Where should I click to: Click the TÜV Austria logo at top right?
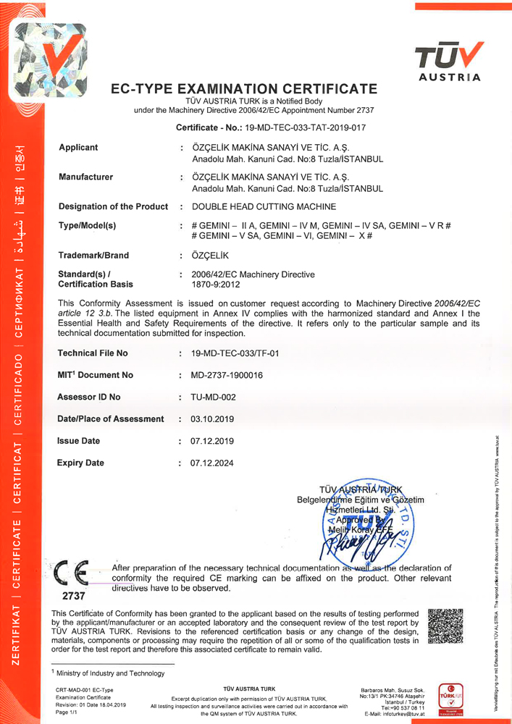[x=448, y=62]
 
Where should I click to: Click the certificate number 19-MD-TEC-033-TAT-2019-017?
[x=306, y=127]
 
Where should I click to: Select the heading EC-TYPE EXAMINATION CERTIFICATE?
[x=243, y=90]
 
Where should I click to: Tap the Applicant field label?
[x=78, y=148]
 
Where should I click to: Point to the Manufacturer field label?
[x=85, y=177]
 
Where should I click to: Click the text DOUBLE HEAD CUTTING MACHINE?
[x=259, y=207]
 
